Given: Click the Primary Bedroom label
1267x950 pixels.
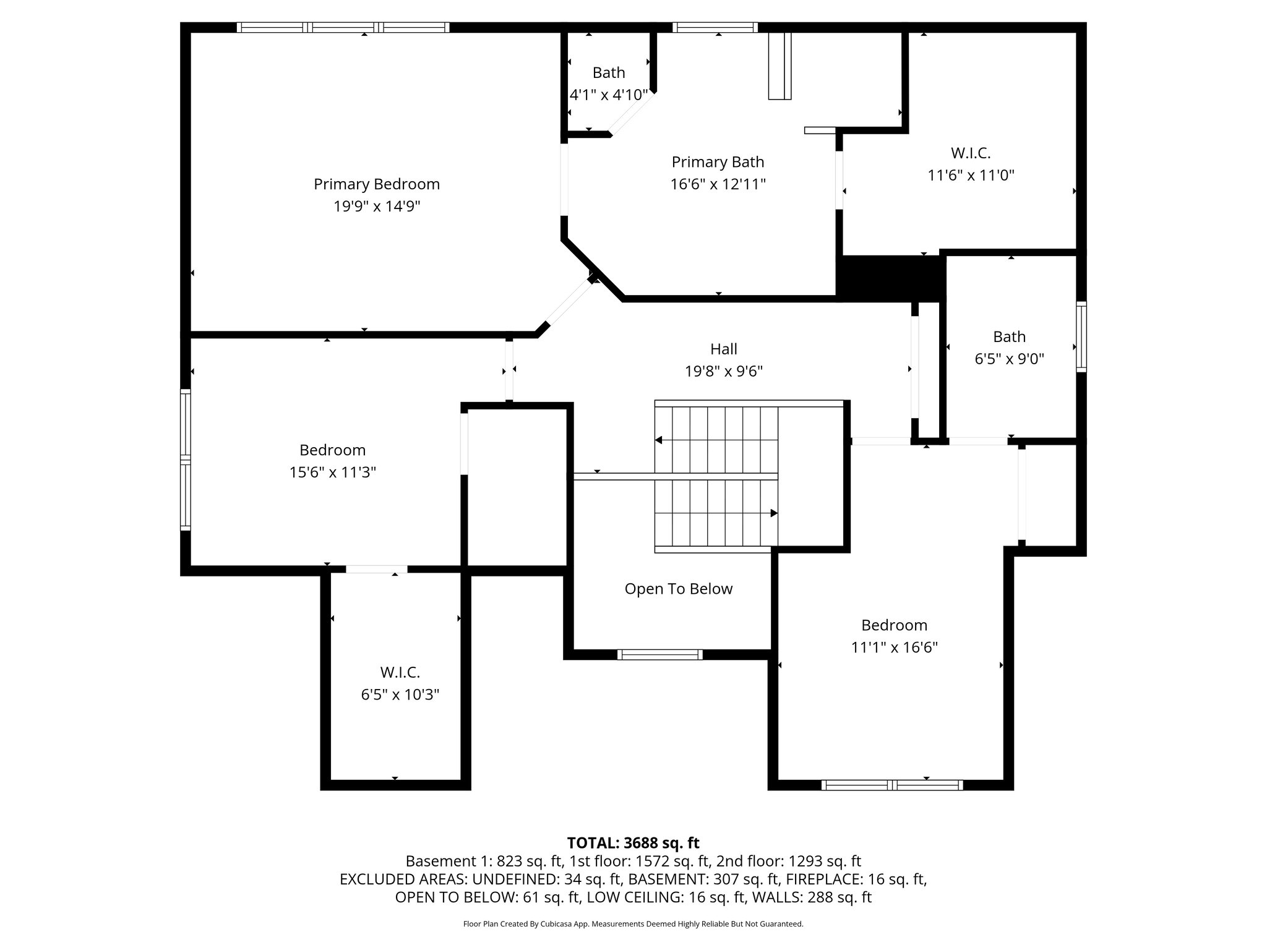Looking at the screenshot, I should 376,184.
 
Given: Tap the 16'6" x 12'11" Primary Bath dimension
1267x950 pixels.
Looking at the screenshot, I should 718,184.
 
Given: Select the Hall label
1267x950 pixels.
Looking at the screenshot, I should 723,349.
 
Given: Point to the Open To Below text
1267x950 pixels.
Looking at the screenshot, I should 678,589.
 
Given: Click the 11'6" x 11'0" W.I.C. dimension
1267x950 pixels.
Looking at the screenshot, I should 970,175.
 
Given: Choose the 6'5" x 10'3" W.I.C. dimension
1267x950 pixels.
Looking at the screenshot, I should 400,695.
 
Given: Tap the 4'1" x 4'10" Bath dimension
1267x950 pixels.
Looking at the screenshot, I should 608,95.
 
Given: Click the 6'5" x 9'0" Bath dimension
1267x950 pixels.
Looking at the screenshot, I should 1009,359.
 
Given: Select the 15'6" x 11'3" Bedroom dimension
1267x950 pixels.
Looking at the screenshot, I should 332,473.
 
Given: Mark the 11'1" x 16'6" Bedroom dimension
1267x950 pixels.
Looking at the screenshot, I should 894,648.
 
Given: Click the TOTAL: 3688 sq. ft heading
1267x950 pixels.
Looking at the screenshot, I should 633,843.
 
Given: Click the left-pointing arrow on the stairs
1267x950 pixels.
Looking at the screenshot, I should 659,440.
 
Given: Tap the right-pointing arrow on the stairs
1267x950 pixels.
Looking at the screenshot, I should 773,513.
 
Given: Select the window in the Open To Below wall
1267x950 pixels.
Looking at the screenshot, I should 659,654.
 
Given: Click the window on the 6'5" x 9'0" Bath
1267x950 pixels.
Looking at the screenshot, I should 1081,336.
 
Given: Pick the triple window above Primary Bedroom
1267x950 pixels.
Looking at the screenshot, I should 343,27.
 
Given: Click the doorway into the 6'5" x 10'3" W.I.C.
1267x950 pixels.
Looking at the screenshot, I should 376,569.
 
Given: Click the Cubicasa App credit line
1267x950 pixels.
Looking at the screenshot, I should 633,924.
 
